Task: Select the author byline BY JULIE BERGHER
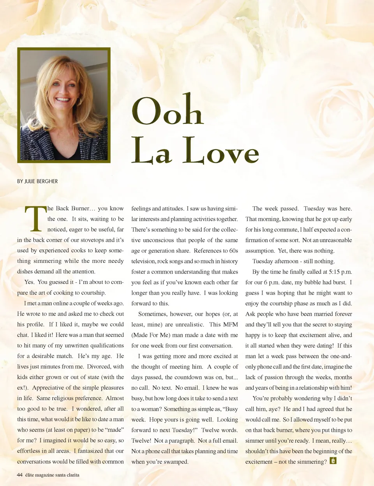coord(37,181)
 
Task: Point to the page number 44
coord(19,475)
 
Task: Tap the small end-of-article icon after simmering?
coord(333,461)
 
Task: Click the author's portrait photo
coord(64,105)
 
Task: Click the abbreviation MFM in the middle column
coord(230,325)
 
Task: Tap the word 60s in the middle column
coord(233,251)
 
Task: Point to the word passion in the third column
coord(274,377)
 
